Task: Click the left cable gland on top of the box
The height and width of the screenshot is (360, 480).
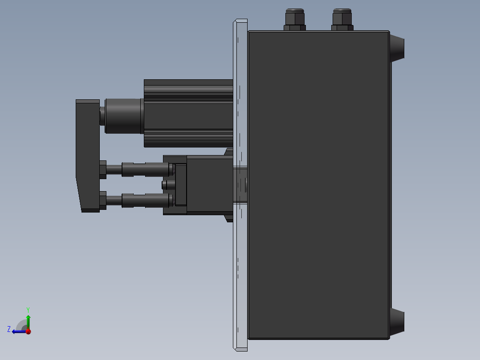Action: tap(294, 20)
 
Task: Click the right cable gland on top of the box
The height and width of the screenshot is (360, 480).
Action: tap(342, 20)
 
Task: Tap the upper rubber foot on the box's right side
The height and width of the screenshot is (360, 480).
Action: tap(397, 47)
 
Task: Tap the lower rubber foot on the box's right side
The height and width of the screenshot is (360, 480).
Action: tap(397, 323)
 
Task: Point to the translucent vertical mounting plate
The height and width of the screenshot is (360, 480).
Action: tap(240, 267)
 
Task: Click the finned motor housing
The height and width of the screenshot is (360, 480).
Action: tap(188, 113)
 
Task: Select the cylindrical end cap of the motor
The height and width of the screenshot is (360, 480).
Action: tap(123, 116)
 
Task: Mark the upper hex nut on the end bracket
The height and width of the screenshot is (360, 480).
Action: tap(103, 169)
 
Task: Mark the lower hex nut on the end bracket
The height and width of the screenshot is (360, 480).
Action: tap(103, 200)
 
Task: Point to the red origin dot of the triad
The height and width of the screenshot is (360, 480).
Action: tap(28, 331)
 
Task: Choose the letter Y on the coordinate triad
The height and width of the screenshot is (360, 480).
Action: tap(28, 309)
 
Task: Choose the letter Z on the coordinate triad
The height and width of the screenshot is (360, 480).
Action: tap(9, 329)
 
